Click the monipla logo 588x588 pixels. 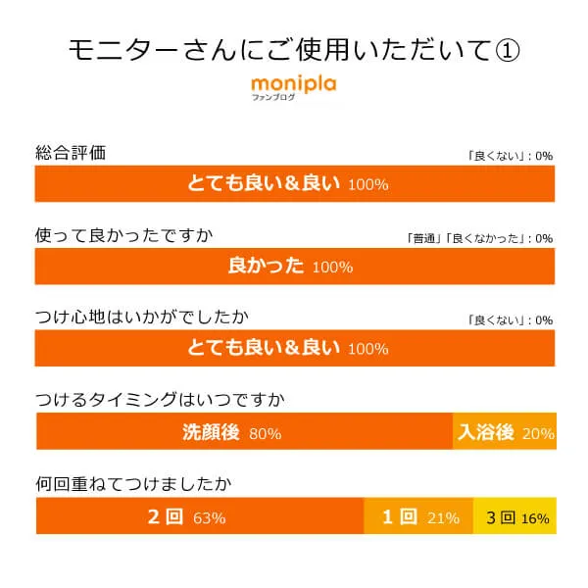(293, 84)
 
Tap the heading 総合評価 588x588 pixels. (70, 153)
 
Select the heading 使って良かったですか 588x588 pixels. (123, 235)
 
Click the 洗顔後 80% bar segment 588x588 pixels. (244, 432)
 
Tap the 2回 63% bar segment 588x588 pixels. (200, 516)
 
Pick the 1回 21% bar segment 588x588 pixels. (418, 516)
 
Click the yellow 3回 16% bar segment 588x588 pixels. (514, 516)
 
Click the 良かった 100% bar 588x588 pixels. (295, 266)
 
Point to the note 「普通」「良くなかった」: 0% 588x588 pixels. (479, 238)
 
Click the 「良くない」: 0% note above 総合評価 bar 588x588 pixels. (511, 156)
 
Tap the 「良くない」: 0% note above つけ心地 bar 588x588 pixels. (511, 320)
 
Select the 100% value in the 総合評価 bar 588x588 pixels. (367, 184)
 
